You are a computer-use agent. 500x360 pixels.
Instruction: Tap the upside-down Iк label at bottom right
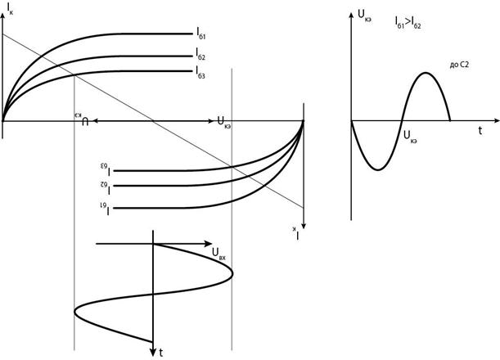tap(300, 234)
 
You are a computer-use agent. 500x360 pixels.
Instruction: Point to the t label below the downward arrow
tap(161, 352)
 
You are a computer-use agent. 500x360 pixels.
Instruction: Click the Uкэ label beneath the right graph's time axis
tap(411, 140)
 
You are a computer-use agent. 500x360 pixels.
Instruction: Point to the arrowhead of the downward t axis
tap(153, 338)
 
